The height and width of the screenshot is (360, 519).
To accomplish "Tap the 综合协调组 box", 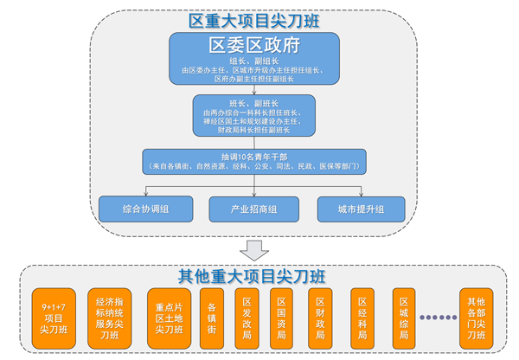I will tap(144, 209).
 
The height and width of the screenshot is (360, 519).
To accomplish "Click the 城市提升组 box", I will tap(362, 209).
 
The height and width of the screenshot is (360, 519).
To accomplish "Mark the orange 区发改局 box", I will tap(247, 318).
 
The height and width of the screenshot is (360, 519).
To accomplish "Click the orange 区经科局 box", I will tap(364, 318).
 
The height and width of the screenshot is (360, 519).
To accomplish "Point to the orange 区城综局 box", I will tap(403, 318).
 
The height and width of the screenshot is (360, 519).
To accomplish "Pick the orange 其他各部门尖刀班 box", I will tap(477, 318).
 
